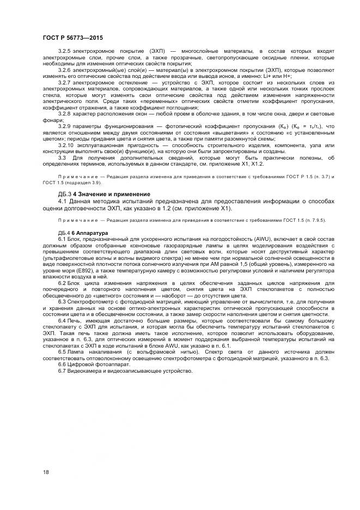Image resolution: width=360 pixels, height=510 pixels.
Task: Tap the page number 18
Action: click(x=46, y=472)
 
